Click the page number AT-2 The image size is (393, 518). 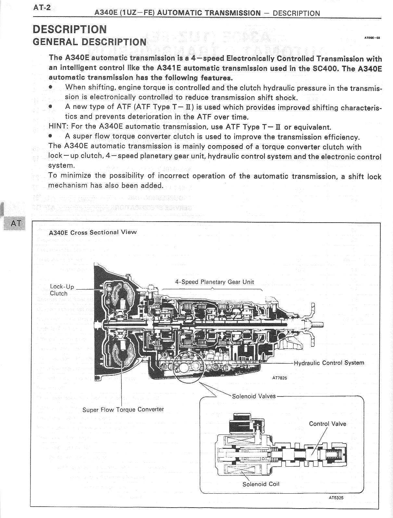click(42, 7)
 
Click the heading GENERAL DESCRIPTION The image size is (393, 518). click(90, 42)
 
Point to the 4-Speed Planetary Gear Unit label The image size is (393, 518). click(214, 282)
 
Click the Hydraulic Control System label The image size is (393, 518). click(329, 363)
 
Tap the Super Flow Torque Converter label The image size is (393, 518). click(123, 409)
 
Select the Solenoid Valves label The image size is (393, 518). click(254, 396)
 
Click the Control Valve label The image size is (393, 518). click(327, 424)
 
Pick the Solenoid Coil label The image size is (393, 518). click(261, 484)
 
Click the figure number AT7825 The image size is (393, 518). click(280, 378)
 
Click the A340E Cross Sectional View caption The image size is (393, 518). click(93, 232)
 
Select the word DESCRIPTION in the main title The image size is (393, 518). click(70, 29)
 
